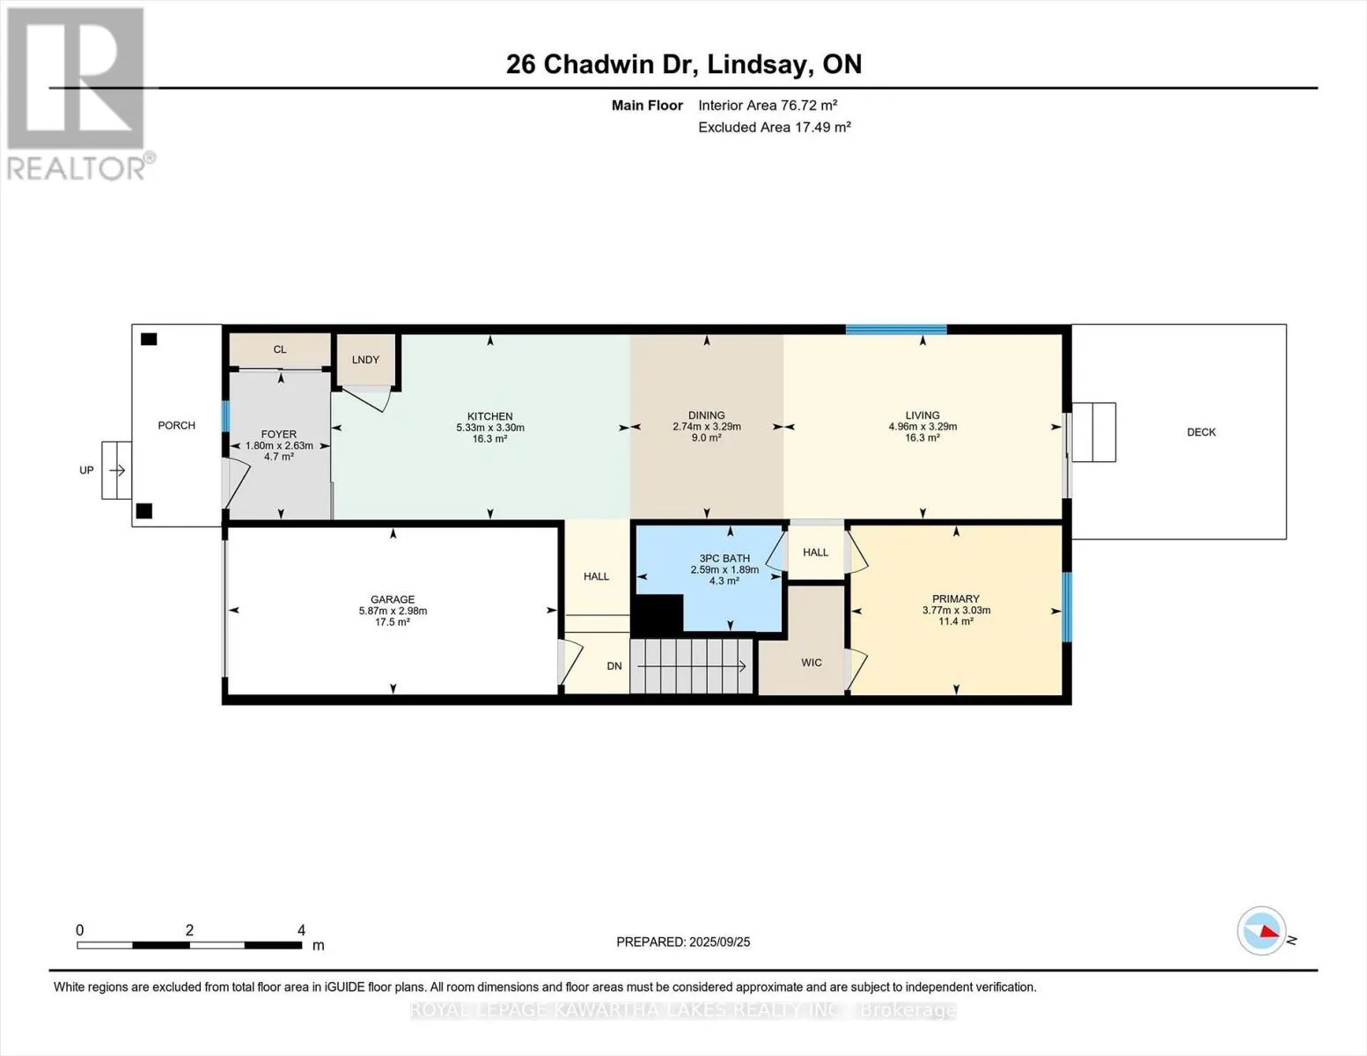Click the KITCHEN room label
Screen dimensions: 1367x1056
489,416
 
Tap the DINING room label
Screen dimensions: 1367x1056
707,415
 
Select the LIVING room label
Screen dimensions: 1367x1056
922,415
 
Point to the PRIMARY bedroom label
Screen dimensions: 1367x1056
956,598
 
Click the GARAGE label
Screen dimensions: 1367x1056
393,599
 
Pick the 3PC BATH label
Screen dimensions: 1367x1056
724,558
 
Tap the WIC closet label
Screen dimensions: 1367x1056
812,663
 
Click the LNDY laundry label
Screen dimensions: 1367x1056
365,360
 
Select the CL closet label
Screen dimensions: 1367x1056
280,349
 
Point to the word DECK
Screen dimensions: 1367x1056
1201,432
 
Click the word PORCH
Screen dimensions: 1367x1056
176,425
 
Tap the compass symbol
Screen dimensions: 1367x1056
1261,931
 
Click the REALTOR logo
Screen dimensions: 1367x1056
77,94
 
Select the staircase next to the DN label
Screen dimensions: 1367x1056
692,666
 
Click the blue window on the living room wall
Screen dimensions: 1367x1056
896,329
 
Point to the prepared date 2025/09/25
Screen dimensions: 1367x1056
719,942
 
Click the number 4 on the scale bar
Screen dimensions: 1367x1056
301,930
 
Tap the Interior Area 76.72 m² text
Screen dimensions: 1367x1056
768,105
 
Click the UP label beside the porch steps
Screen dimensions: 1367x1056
86,471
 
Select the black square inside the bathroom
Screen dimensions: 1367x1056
657,613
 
